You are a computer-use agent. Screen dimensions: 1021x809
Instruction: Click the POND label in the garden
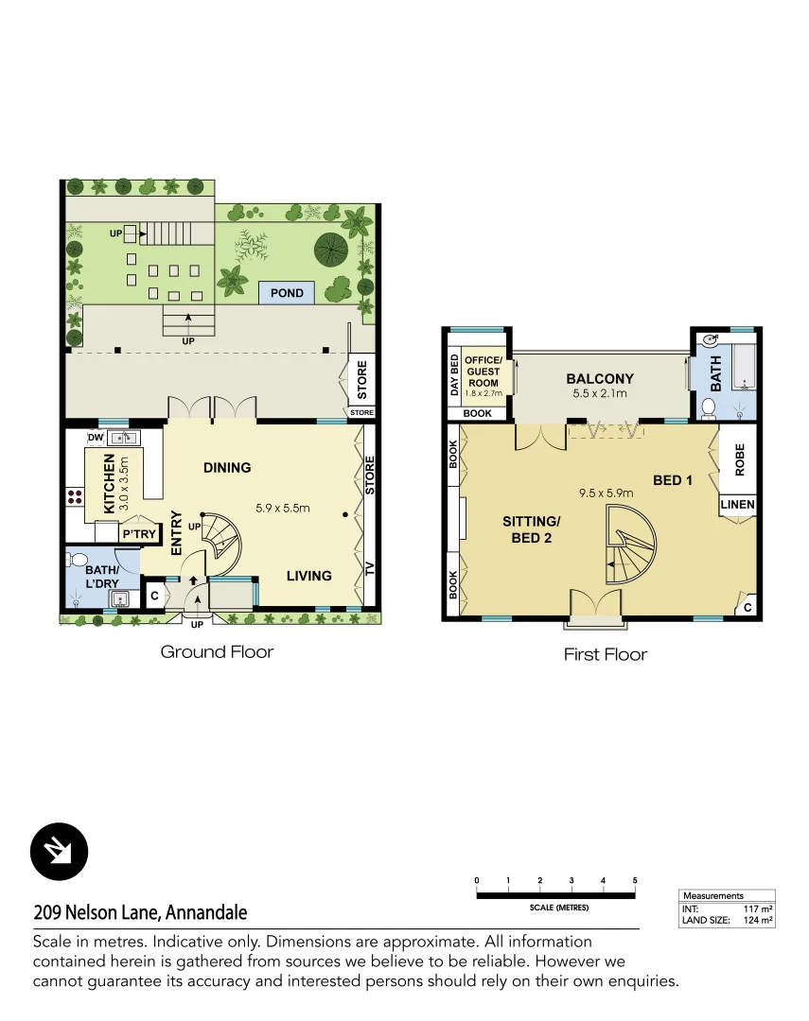287,293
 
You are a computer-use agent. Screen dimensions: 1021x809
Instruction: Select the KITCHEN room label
109,483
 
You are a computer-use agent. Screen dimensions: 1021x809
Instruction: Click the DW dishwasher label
95,438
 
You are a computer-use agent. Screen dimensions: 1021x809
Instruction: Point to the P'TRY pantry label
138,534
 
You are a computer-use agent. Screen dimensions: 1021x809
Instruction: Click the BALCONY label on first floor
600,379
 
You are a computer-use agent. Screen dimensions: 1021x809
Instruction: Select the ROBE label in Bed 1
740,459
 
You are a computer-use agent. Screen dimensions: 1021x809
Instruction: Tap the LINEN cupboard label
738,505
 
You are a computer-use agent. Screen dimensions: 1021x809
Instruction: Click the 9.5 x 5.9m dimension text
606,493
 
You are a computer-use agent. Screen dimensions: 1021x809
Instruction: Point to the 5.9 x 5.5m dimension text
283,509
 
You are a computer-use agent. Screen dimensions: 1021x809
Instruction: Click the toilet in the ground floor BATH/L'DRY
79,559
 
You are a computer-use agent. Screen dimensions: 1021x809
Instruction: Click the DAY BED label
454,374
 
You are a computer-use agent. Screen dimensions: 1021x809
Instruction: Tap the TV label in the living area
370,569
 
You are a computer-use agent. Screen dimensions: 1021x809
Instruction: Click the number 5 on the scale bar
635,880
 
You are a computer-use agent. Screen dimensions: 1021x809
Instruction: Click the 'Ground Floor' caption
217,651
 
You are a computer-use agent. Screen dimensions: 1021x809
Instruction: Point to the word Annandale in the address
206,913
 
